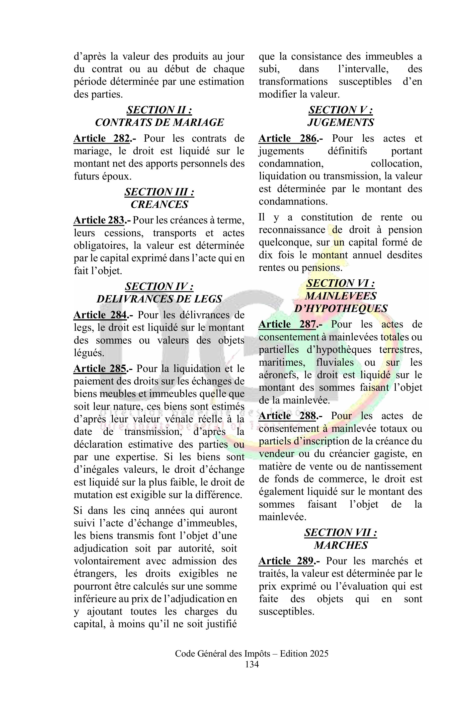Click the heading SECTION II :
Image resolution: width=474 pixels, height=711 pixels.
(x=159, y=110)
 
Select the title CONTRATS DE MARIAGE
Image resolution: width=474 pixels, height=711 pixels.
(x=159, y=122)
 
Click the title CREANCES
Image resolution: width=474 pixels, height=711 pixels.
(x=159, y=204)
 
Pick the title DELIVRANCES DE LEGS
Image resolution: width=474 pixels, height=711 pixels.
(x=159, y=299)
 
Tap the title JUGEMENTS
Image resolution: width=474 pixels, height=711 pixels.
(x=341, y=122)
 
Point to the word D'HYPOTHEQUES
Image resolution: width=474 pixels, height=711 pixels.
(x=341, y=308)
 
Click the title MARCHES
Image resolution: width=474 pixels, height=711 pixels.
(x=341, y=545)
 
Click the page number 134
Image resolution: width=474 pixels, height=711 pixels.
(x=252, y=664)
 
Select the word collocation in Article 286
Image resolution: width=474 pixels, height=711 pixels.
(x=396, y=164)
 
